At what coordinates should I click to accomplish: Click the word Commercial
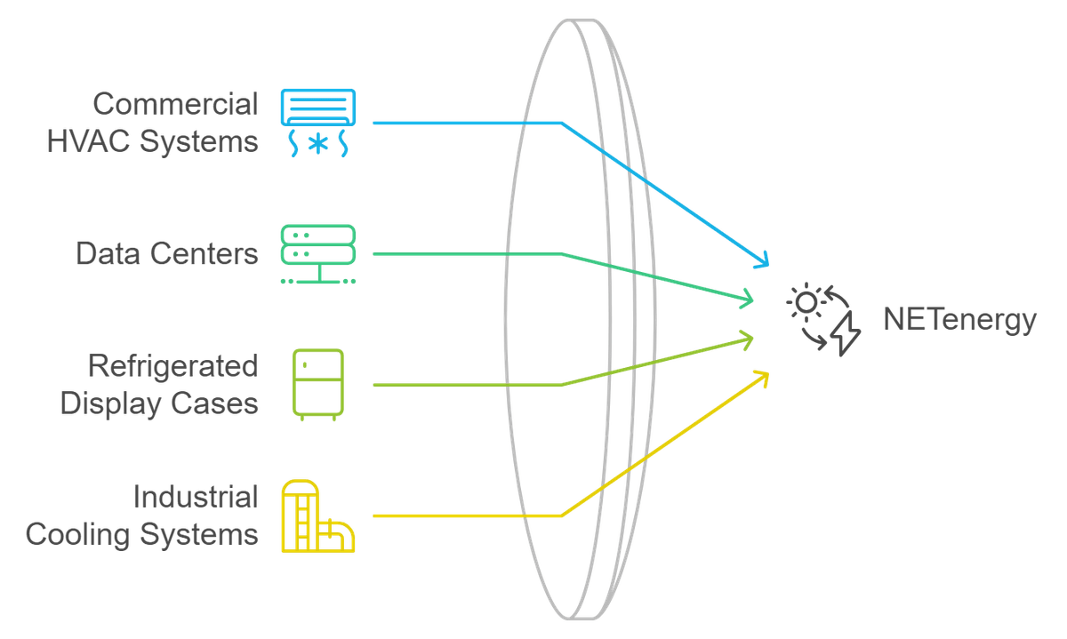pyautogui.click(x=176, y=104)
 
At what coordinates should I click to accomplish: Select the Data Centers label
pyautogui.click(x=167, y=255)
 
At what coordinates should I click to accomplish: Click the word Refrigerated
pyautogui.click(x=173, y=365)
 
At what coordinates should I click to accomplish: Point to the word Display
pyautogui.click(x=106, y=404)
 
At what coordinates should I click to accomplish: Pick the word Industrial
pyautogui.click(x=196, y=496)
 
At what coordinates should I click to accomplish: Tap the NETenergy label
pyautogui.click(x=960, y=320)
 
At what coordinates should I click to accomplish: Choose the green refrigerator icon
pyautogui.click(x=317, y=384)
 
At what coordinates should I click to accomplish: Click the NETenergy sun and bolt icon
pyautogui.click(x=822, y=319)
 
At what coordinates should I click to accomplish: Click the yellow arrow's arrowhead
pyautogui.click(x=763, y=376)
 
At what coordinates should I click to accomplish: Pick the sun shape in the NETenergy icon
pyautogui.click(x=805, y=303)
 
